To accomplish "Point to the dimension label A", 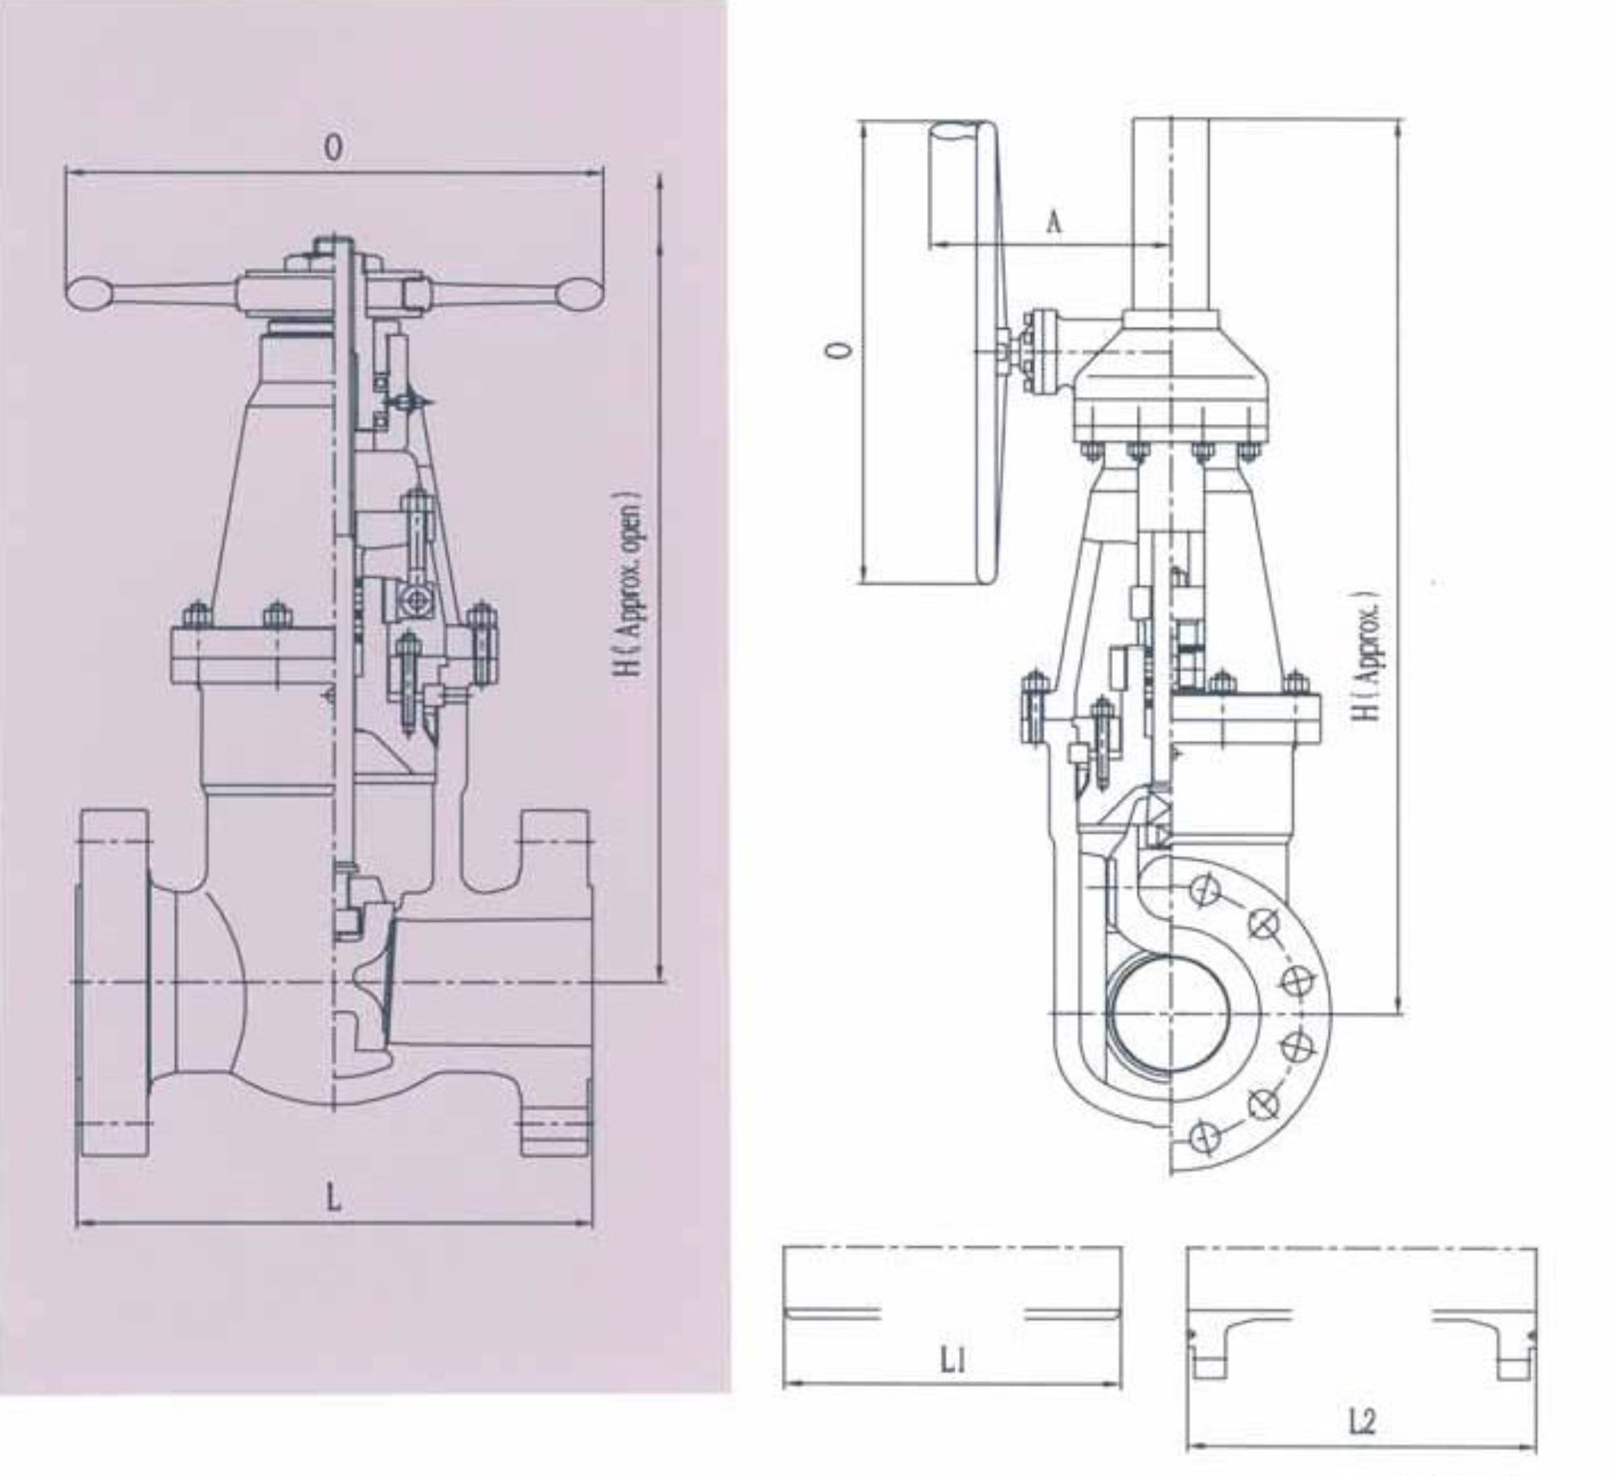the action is (x=1055, y=222).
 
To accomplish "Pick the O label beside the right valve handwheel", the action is (x=838, y=350).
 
